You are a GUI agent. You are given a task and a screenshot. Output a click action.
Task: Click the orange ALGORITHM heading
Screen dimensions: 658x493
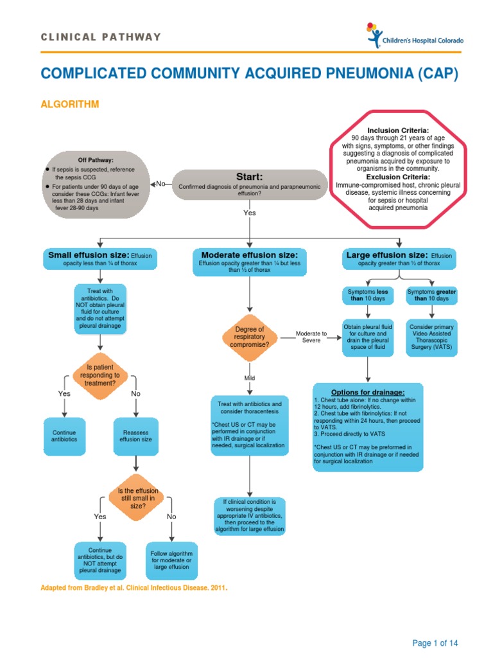pos(70,104)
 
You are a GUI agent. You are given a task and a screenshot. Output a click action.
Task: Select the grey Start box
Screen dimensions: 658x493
pos(249,183)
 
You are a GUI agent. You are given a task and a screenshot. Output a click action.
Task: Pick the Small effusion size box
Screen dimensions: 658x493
pos(99,259)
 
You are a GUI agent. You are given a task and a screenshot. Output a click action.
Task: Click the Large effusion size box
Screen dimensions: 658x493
pos(399,259)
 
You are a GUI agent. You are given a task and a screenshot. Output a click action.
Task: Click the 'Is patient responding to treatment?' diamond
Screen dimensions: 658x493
pos(99,375)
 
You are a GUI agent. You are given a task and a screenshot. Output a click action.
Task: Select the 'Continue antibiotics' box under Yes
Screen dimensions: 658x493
pos(64,436)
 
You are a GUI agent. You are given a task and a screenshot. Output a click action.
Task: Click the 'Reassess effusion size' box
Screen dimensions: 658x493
pos(137,436)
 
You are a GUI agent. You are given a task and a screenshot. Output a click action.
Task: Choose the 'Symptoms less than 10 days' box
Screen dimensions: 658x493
pos(367,296)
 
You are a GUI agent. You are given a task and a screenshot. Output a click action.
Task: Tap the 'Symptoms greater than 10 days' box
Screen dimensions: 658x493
pos(431,296)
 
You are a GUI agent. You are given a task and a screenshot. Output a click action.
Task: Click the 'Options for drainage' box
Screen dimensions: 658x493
pos(368,427)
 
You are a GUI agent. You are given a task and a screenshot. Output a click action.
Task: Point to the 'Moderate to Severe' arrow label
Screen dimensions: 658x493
pos(311,337)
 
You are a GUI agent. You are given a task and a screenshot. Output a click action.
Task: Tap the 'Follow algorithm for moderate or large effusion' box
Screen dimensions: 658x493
pos(171,560)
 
